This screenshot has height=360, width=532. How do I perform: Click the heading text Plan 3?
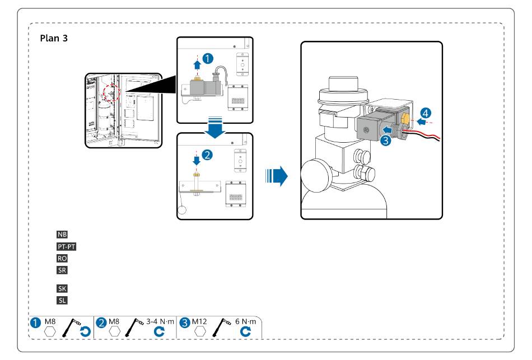pyautogui.click(x=54, y=39)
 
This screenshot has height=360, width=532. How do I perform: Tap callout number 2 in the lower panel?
pyautogui.click(x=208, y=155)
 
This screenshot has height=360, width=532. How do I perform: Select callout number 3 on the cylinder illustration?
pyautogui.click(x=385, y=141)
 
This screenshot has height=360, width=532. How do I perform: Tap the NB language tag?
pyautogui.click(x=62, y=234)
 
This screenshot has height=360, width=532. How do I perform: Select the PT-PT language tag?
pyautogui.click(x=66, y=246)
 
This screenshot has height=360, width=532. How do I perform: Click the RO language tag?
pyautogui.click(x=62, y=258)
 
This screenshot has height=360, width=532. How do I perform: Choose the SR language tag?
pyautogui.click(x=62, y=270)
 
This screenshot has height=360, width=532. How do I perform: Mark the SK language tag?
pyautogui.click(x=62, y=289)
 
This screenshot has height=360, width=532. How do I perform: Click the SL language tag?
pyautogui.click(x=62, y=301)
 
